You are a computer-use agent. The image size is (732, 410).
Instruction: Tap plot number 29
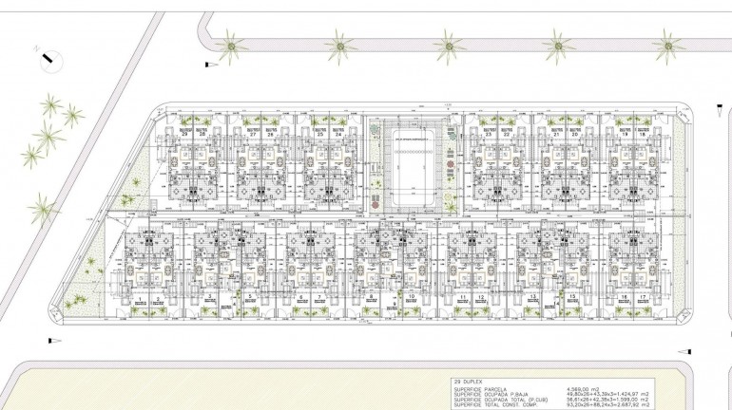[183, 135]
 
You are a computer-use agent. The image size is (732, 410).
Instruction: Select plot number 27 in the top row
[253, 135]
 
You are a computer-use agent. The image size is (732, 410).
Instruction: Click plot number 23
[488, 135]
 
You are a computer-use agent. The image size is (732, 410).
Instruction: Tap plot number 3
[208, 298]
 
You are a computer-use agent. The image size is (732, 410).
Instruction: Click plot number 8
[369, 298]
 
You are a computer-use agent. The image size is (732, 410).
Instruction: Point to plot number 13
[532, 298]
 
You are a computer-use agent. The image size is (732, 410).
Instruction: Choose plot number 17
[643, 298]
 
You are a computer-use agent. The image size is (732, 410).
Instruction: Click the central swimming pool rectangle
[414, 170]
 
